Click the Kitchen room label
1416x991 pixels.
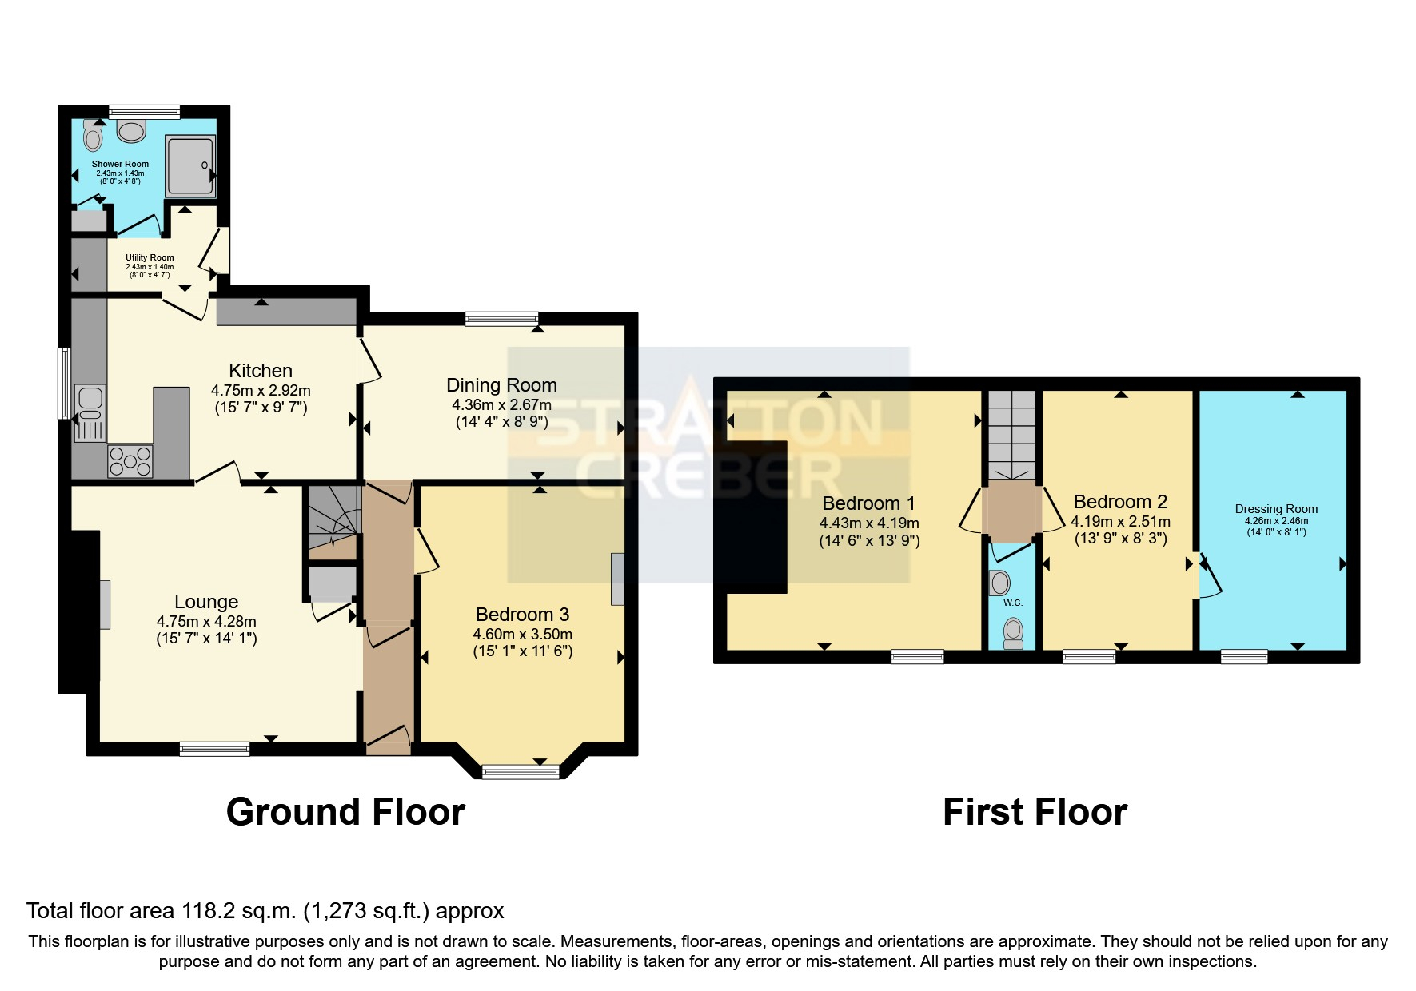click(261, 371)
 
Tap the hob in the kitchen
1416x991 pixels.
click(130, 460)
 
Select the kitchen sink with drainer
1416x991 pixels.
click(89, 413)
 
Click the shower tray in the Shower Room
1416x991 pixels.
click(190, 165)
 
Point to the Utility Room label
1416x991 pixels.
click(150, 257)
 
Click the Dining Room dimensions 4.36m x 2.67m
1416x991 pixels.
click(501, 405)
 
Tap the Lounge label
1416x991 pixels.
click(206, 602)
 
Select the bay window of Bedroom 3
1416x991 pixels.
click(521, 771)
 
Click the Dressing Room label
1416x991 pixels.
click(1276, 509)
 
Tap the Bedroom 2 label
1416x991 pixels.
click(1120, 502)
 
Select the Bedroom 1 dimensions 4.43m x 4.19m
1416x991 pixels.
click(869, 523)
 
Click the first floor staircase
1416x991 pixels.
click(1011, 435)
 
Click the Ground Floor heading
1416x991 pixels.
click(345, 812)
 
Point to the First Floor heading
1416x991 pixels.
click(1035, 812)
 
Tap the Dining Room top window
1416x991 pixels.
click(502, 319)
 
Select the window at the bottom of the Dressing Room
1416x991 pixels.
click(1244, 657)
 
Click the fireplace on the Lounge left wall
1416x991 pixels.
click(105, 605)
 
